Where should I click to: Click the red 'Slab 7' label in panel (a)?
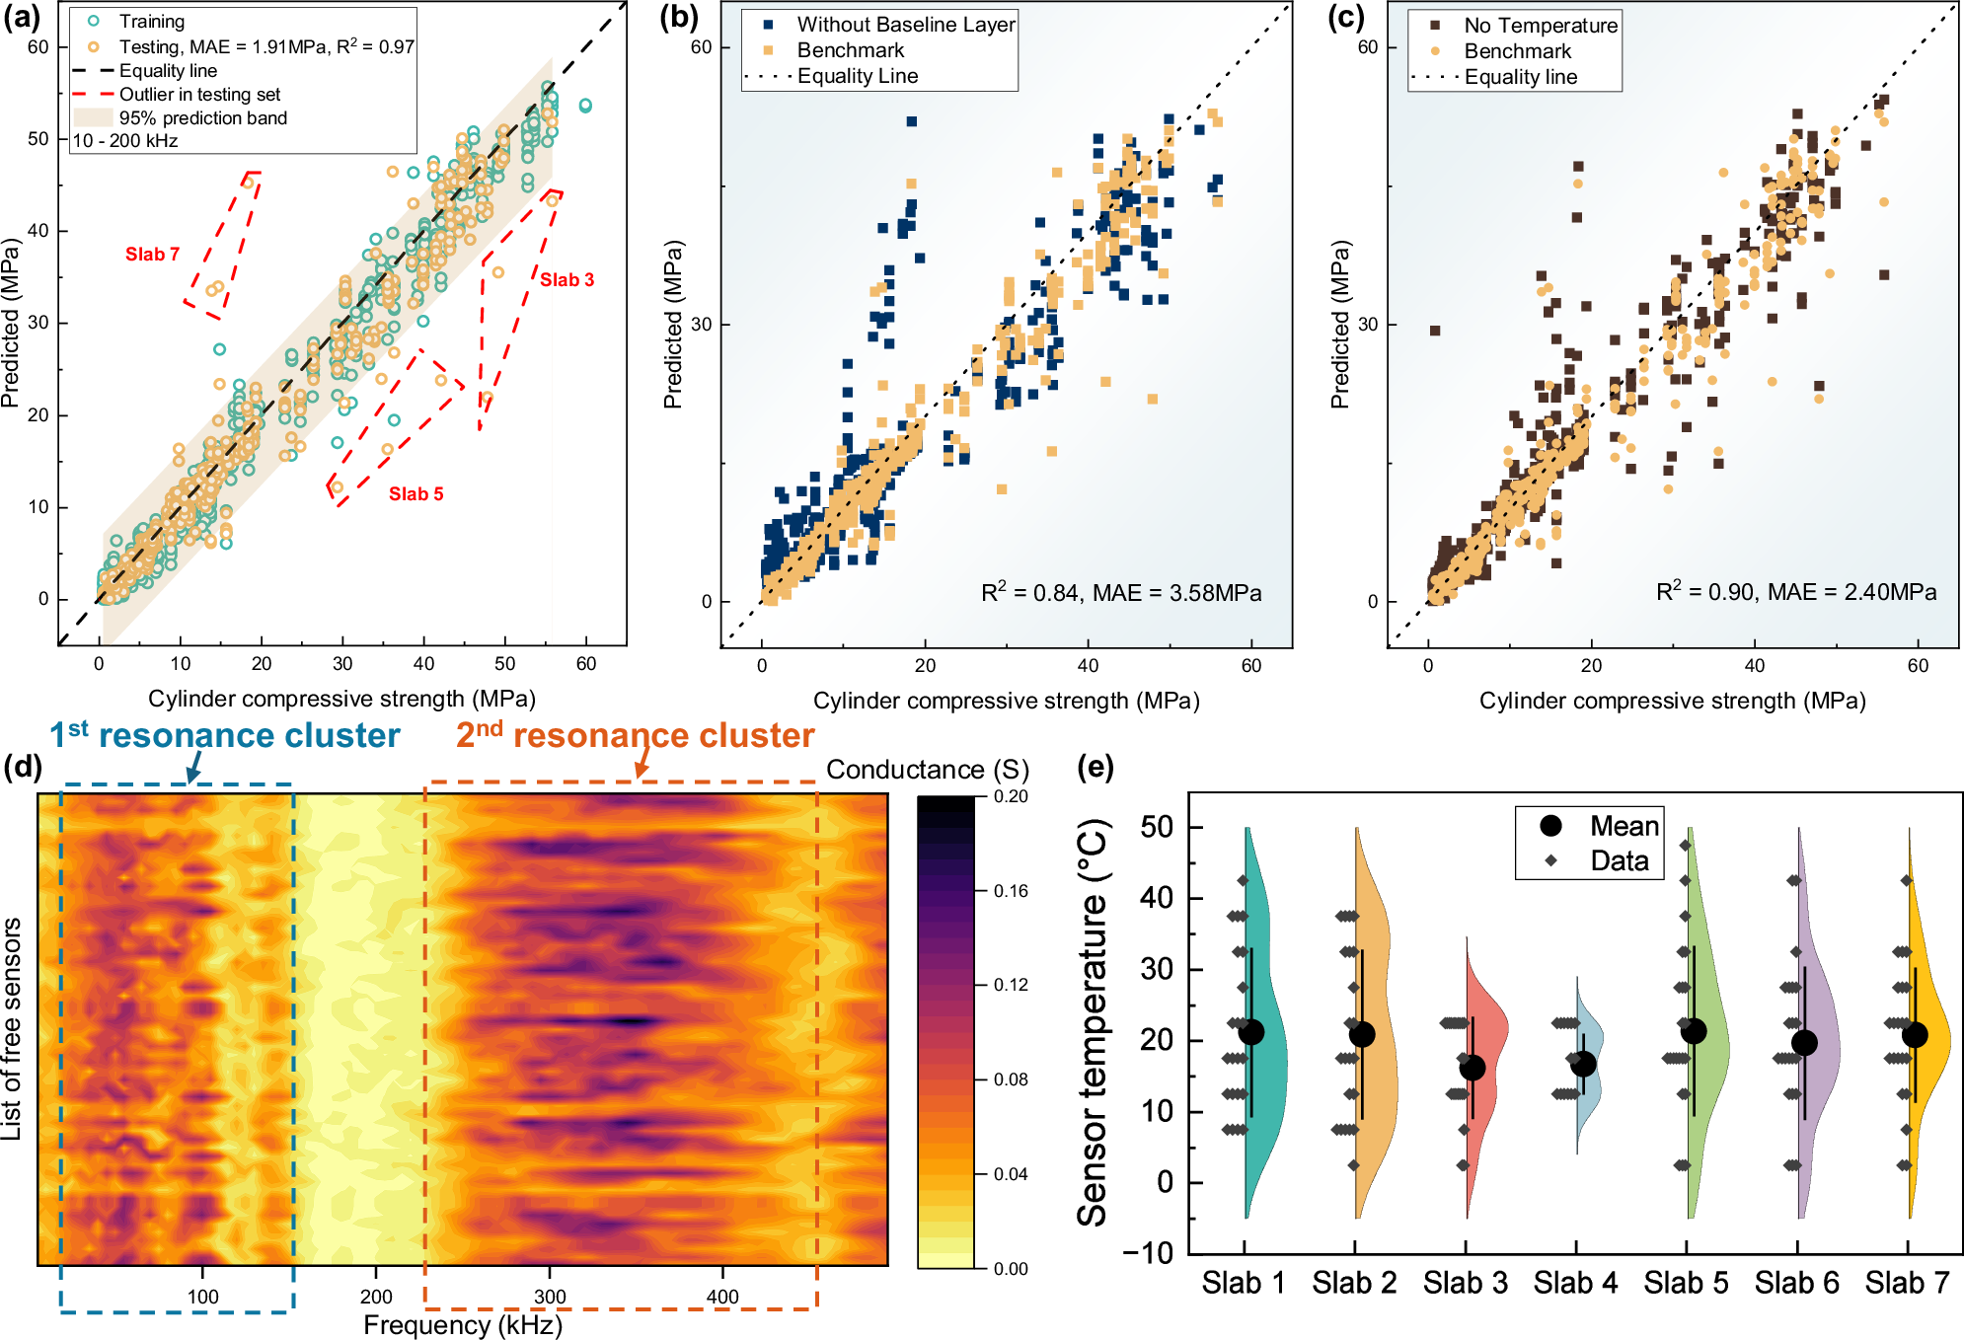[x=152, y=255]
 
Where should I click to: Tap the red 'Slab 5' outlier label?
[x=415, y=494]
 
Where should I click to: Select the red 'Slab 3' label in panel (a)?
[x=567, y=280]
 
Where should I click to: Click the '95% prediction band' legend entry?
[x=202, y=117]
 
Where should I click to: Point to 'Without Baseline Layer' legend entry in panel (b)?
[x=905, y=25]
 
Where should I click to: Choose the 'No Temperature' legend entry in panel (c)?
[x=1540, y=26]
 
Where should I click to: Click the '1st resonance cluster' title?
[x=225, y=736]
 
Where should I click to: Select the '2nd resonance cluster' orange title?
[x=635, y=736]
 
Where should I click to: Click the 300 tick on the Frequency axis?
[x=550, y=1297]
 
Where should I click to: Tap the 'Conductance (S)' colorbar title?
[x=927, y=770]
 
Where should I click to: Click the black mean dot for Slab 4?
[x=1583, y=1064]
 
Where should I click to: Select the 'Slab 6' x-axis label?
[x=1796, y=1283]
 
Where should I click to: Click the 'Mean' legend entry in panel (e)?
[x=1624, y=826]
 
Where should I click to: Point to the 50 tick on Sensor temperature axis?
[x=1157, y=827]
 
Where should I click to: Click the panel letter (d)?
[x=22, y=768]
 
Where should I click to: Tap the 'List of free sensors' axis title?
[x=12, y=1029]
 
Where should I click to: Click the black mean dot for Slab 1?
[x=1251, y=1032]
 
